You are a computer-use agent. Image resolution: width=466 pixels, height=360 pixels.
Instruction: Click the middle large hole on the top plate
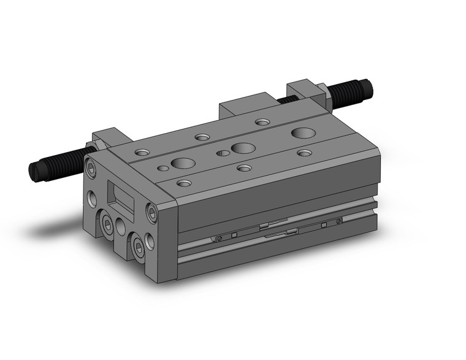point(243,148)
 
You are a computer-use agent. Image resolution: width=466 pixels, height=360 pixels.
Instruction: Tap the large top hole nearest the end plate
point(182,163)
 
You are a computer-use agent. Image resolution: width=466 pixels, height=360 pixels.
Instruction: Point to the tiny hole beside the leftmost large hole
point(162,167)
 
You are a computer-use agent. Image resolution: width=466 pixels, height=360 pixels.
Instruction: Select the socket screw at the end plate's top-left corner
point(92,167)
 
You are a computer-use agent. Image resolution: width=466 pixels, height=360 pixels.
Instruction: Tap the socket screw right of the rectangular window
point(151,213)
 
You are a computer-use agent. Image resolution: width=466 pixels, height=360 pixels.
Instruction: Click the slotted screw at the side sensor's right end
point(338,221)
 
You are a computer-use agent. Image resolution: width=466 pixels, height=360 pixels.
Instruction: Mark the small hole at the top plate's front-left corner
point(183,183)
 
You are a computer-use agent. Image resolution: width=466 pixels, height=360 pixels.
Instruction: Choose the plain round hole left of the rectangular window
point(92,198)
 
